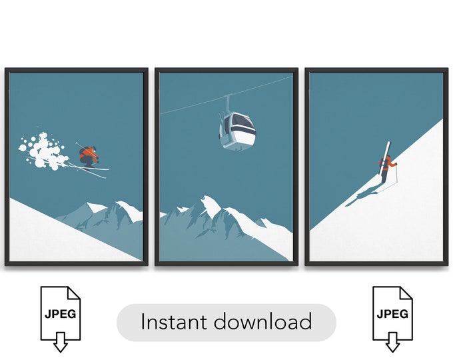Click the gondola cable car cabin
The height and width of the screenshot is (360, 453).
tap(236, 130)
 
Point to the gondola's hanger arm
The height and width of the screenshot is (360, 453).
tap(228, 103)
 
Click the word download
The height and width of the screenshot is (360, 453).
tap(262, 323)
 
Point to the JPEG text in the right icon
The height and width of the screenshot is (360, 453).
tap(392, 313)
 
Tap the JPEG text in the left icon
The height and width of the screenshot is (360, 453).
tap(60, 313)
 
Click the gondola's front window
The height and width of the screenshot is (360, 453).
tap(238, 125)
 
